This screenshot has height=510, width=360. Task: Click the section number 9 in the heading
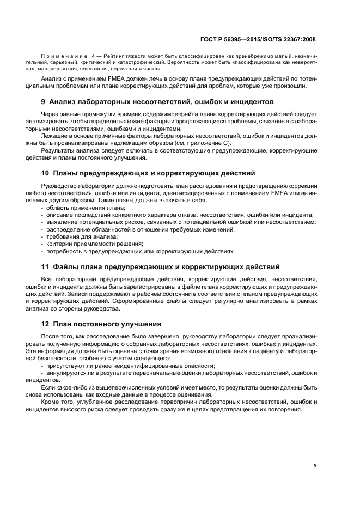click(44, 102)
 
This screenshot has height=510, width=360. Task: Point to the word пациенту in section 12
click(273, 351)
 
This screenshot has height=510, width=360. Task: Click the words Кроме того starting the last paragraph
click(57, 402)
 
